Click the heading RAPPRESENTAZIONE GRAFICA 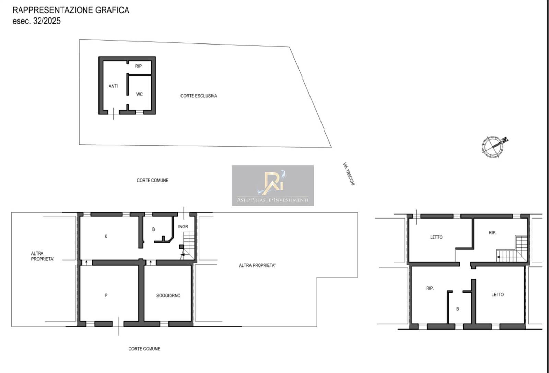coord(71,10)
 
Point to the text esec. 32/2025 coord(36,21)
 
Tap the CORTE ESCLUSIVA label coord(199,96)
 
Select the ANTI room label coord(113,86)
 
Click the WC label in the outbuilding coord(139,95)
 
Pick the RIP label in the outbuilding coord(138,66)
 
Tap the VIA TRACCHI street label coord(349,174)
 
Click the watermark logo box coord(272,185)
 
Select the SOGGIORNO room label coord(168,296)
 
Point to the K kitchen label coord(106,236)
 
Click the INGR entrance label coord(183,227)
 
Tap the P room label coord(106,295)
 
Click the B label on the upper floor coord(458,309)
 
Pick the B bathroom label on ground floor coord(153,229)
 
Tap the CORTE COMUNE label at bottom coord(144,349)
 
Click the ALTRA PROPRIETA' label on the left coord(43,256)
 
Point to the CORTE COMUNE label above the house coord(152,180)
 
